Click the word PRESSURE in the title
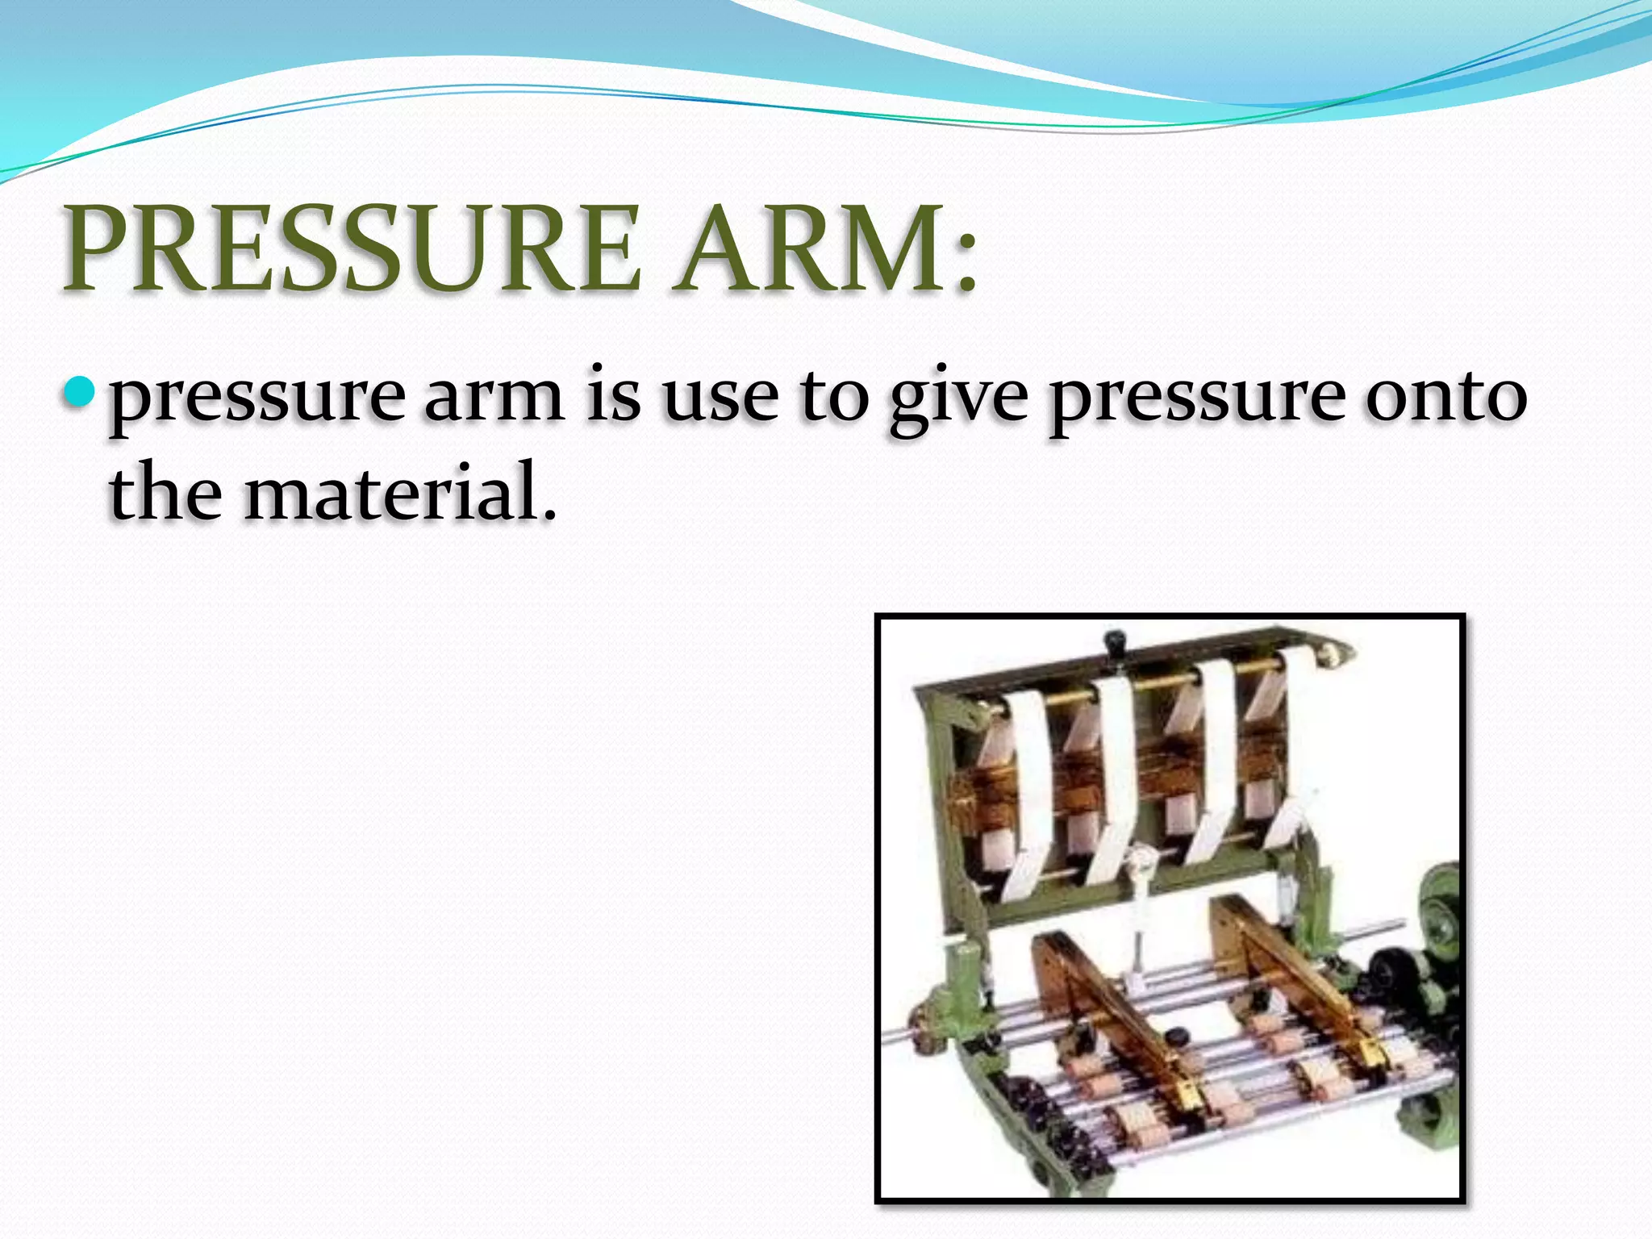point(353,248)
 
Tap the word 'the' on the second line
point(165,490)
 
